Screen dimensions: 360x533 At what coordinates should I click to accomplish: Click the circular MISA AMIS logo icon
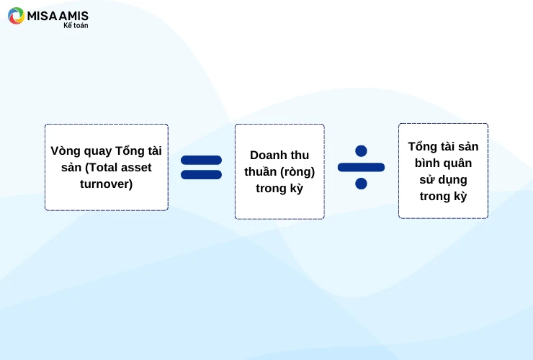tap(16, 16)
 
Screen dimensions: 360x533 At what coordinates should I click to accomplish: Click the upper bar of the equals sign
tap(201, 160)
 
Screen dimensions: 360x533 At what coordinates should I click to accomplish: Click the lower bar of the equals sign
tap(201, 174)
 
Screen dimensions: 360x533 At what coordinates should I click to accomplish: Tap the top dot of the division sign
tap(361, 151)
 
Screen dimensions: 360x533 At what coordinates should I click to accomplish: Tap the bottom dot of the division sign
tap(361, 183)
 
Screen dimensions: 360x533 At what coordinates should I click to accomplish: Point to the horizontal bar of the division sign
tap(361, 167)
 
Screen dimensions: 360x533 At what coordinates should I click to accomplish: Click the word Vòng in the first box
tap(65, 151)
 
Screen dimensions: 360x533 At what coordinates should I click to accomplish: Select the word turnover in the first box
tap(107, 184)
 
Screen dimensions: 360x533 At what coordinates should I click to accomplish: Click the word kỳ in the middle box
tap(295, 188)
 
